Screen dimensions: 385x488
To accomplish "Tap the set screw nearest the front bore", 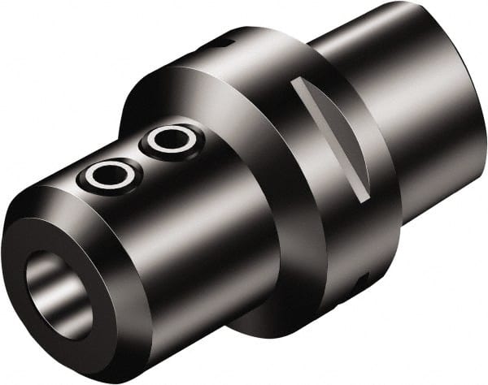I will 106,175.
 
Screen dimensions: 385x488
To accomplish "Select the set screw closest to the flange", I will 171,140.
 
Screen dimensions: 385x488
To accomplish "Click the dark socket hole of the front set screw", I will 106,175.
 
